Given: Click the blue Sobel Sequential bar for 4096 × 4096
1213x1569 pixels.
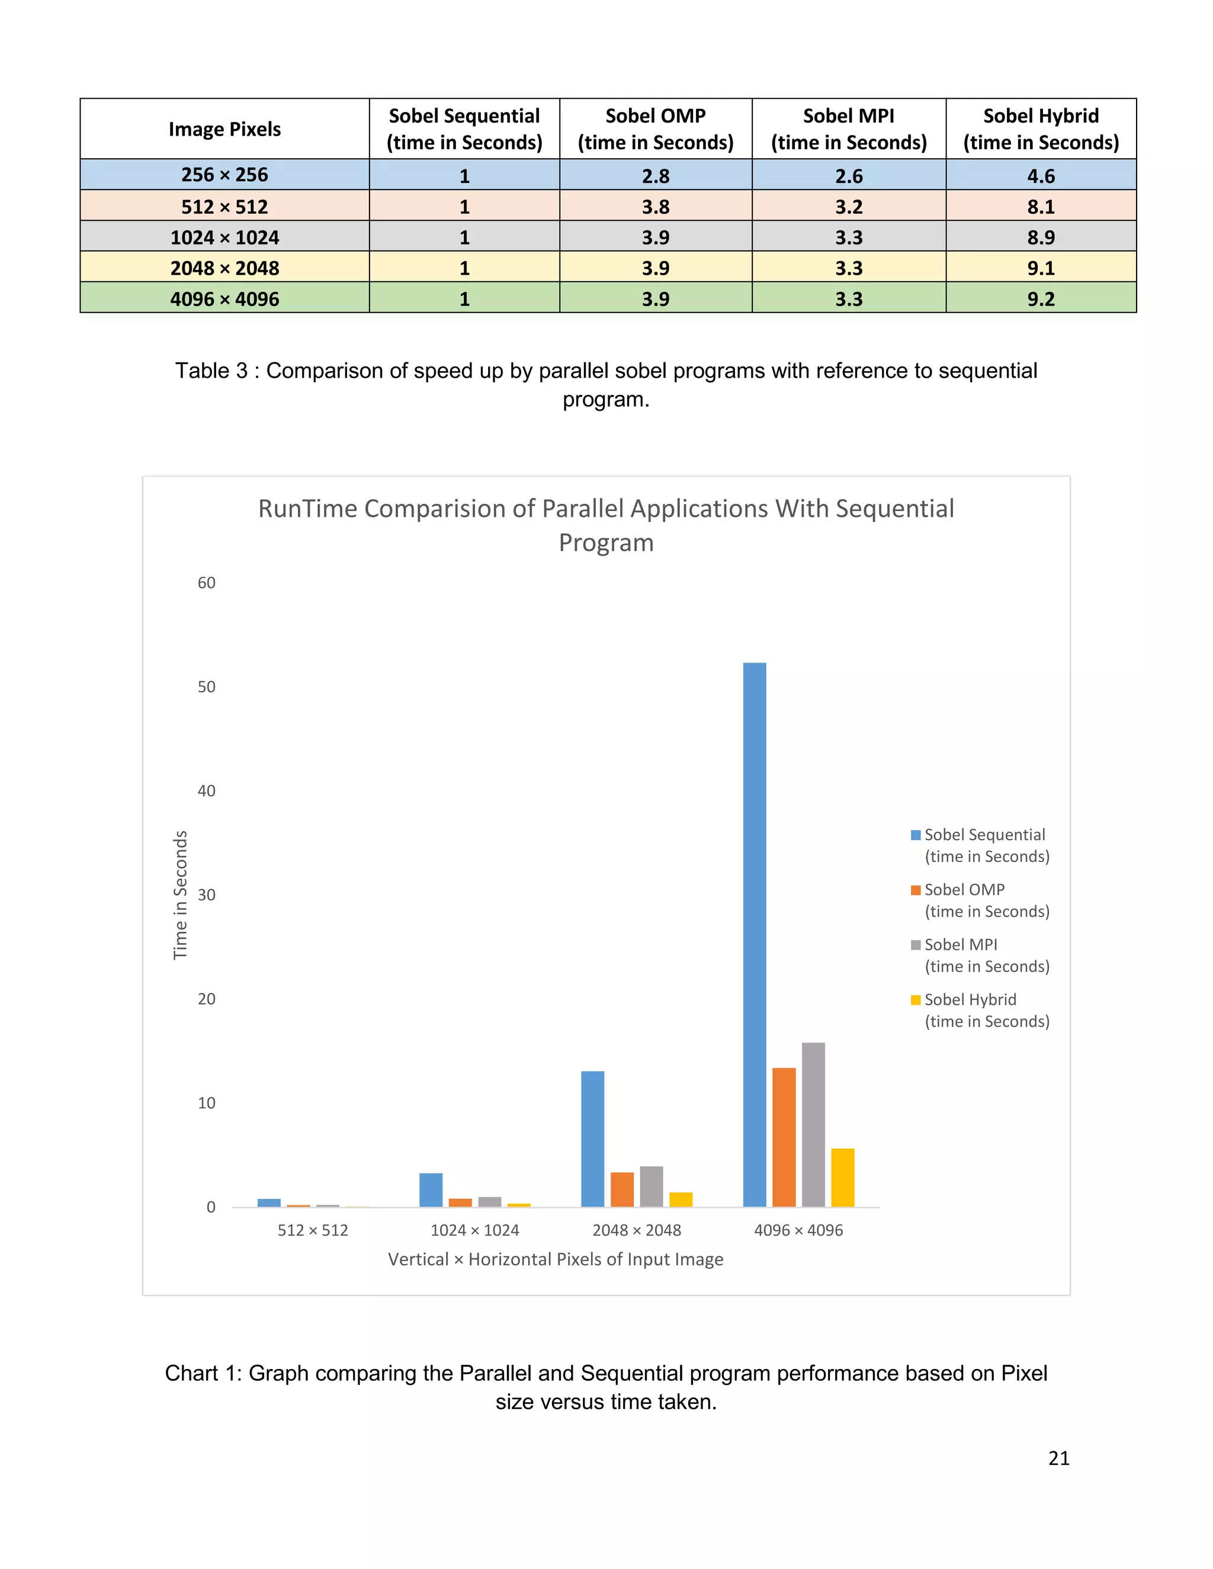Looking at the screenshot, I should point(754,934).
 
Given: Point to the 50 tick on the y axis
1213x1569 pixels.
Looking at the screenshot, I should point(206,687).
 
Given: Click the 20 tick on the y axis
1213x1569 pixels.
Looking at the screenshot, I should point(206,999).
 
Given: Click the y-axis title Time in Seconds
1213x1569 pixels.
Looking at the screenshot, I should point(181,895).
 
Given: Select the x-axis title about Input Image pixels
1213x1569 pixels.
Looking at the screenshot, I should point(556,1259).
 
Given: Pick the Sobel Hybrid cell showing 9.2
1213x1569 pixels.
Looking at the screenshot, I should point(1041,298).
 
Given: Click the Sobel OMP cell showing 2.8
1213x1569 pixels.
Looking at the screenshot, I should point(656,175).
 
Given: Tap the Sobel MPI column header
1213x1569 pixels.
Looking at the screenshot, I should point(849,129).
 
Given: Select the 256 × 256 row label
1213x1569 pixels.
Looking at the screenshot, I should point(224,175).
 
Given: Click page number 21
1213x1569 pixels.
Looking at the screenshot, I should point(1058,1458).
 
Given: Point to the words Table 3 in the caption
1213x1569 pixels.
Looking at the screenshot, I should point(211,371).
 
